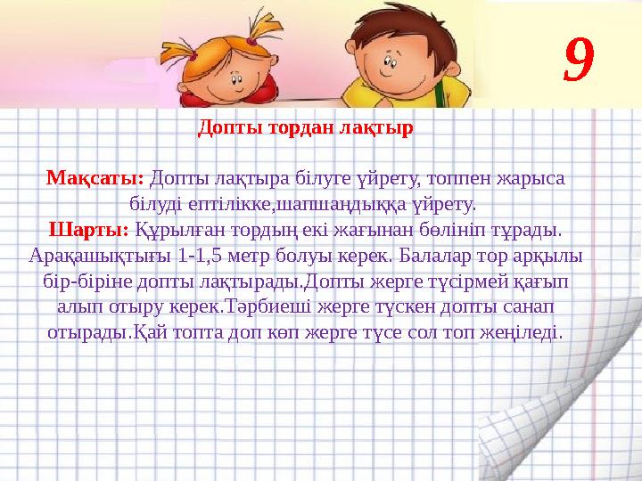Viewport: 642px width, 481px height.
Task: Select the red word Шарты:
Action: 88,230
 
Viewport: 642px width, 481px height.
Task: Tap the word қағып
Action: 544,281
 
